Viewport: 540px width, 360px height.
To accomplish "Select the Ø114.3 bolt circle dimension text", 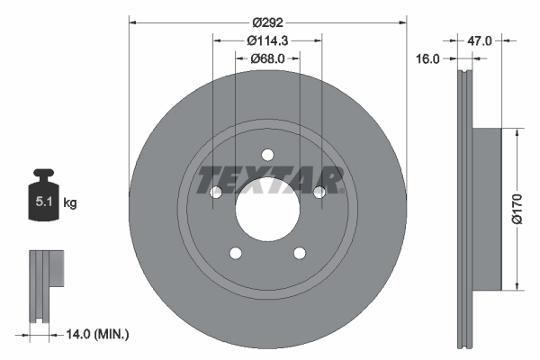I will tap(267, 40).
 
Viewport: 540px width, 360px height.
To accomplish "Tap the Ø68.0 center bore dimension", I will tap(267, 58).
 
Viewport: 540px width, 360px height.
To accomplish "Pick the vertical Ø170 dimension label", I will tap(517, 209).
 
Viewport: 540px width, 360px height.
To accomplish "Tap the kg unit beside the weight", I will tap(69, 203).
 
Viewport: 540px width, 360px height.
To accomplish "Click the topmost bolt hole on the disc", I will tap(267, 154).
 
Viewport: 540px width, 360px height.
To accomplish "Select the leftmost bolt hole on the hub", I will tap(215, 192).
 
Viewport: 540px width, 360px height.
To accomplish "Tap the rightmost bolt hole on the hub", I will tap(319, 192).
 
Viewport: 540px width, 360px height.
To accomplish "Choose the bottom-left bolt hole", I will tap(235, 253).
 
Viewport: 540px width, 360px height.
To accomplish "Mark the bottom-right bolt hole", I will tap(300, 253).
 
